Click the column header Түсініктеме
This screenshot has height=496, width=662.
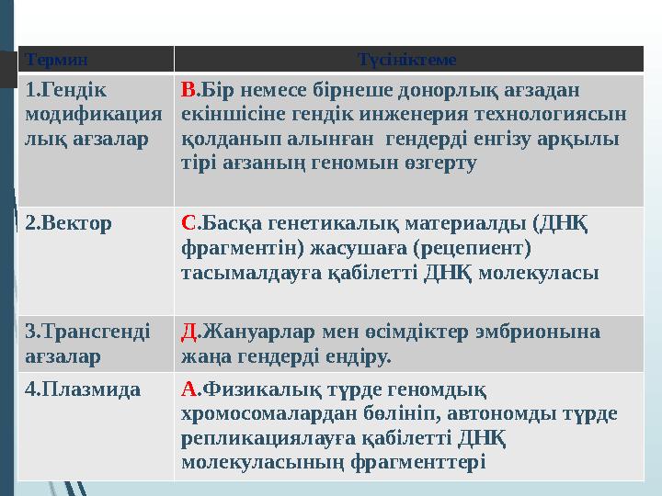point(406,60)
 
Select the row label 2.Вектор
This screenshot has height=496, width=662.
point(69,222)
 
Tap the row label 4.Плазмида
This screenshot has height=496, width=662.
point(83,389)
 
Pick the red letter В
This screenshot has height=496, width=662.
point(188,91)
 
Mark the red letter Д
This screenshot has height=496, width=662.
point(188,331)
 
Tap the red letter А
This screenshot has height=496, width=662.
point(188,389)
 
